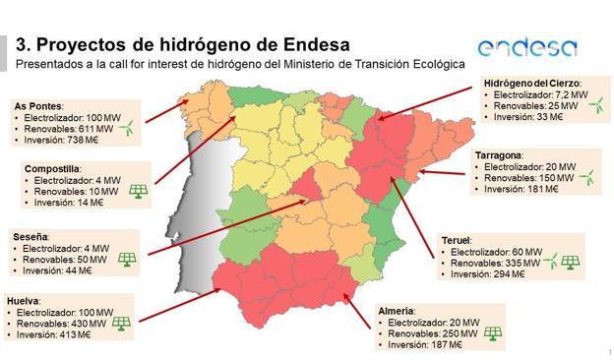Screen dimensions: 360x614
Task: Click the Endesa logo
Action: [x=526, y=47]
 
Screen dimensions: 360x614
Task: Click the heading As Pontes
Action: [x=37, y=104]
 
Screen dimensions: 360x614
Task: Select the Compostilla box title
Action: [x=51, y=168]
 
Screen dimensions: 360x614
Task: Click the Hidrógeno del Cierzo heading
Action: [x=531, y=83]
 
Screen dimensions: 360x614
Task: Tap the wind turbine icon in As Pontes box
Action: [x=127, y=127]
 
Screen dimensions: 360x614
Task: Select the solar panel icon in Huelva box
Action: [x=121, y=323]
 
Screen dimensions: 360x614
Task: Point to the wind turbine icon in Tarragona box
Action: [x=587, y=178]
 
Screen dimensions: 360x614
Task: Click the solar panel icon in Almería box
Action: [x=491, y=332]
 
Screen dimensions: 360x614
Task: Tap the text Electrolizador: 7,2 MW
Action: [x=536, y=94]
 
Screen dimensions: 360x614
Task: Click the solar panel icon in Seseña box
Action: [x=127, y=260]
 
